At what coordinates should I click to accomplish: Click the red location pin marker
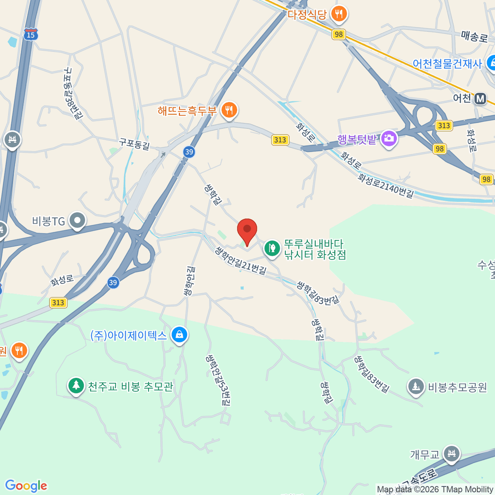coord(247,230)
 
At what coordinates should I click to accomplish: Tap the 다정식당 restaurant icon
coord(339,14)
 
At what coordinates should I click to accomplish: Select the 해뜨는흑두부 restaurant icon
coord(229,110)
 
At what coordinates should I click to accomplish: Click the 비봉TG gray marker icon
coord(77,221)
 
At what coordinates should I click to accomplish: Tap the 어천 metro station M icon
coord(480,99)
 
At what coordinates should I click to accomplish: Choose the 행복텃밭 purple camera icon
coord(389,139)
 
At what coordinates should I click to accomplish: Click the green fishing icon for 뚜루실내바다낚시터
coord(272,248)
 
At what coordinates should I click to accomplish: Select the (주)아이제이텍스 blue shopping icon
coord(179,335)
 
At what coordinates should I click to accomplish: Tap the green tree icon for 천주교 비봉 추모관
coord(75,386)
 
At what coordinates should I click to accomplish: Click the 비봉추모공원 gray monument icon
coord(416,387)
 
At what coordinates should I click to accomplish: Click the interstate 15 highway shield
coord(31,34)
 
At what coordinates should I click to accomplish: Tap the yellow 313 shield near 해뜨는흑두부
coord(280,140)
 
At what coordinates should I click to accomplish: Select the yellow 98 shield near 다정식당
coord(339,34)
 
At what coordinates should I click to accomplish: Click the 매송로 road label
coord(474,37)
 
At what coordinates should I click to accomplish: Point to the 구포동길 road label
coord(134,144)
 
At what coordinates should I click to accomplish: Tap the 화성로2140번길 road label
coord(385,185)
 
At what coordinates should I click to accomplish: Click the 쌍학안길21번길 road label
coord(241,261)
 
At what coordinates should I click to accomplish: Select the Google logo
coord(26,486)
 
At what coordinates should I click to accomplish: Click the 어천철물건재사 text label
coord(447,64)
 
